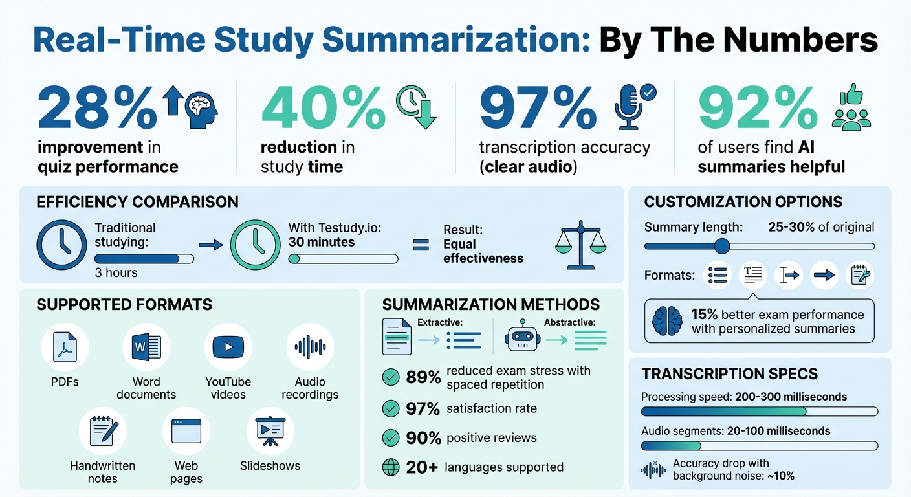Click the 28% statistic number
[97, 108]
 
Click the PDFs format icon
[65, 347]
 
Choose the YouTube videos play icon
[228, 347]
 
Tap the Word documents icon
[146, 347]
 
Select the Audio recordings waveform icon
[310, 347]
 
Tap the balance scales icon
[582, 246]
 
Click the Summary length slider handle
[722, 246]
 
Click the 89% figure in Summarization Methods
[423, 377]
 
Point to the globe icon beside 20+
[391, 467]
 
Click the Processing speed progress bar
[759, 412]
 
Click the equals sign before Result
[421, 245]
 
